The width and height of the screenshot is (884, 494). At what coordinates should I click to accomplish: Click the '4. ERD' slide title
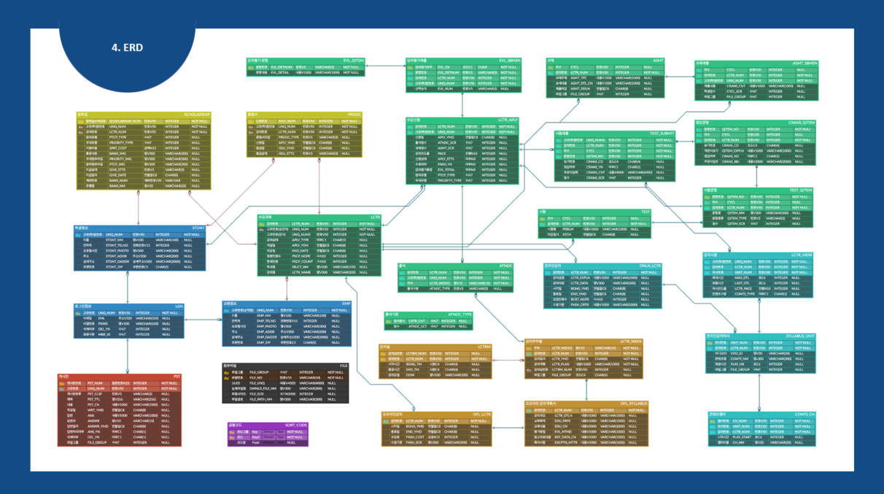point(127,47)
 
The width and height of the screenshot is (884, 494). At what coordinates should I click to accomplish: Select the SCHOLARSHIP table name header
point(196,115)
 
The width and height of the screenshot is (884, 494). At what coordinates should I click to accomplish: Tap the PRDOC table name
point(354,115)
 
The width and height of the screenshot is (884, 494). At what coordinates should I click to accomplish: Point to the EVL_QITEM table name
point(353,61)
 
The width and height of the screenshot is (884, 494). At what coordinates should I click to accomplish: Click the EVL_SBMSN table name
point(509,61)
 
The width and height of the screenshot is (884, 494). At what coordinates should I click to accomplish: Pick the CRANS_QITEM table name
point(802,123)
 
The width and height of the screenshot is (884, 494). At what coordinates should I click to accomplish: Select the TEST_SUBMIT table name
point(662,134)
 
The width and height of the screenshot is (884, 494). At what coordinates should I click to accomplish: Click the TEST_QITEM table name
point(800,190)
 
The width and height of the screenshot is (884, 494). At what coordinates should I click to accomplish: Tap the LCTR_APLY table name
point(508,120)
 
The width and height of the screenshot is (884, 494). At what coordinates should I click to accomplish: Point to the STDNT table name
point(198,228)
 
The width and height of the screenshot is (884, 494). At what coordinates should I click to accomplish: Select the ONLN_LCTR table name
point(650,266)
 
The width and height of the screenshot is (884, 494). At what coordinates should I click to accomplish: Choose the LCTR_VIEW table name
point(802,255)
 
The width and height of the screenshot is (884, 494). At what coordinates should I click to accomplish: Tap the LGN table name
point(179,306)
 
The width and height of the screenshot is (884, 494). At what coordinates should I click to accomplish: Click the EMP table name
point(346,303)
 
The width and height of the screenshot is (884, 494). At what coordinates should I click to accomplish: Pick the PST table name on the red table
point(177,377)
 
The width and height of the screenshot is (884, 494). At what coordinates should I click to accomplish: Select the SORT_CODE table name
point(296,425)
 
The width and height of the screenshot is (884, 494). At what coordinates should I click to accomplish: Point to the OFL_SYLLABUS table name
point(634,403)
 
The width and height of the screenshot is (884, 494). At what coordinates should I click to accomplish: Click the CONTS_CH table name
point(805,414)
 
